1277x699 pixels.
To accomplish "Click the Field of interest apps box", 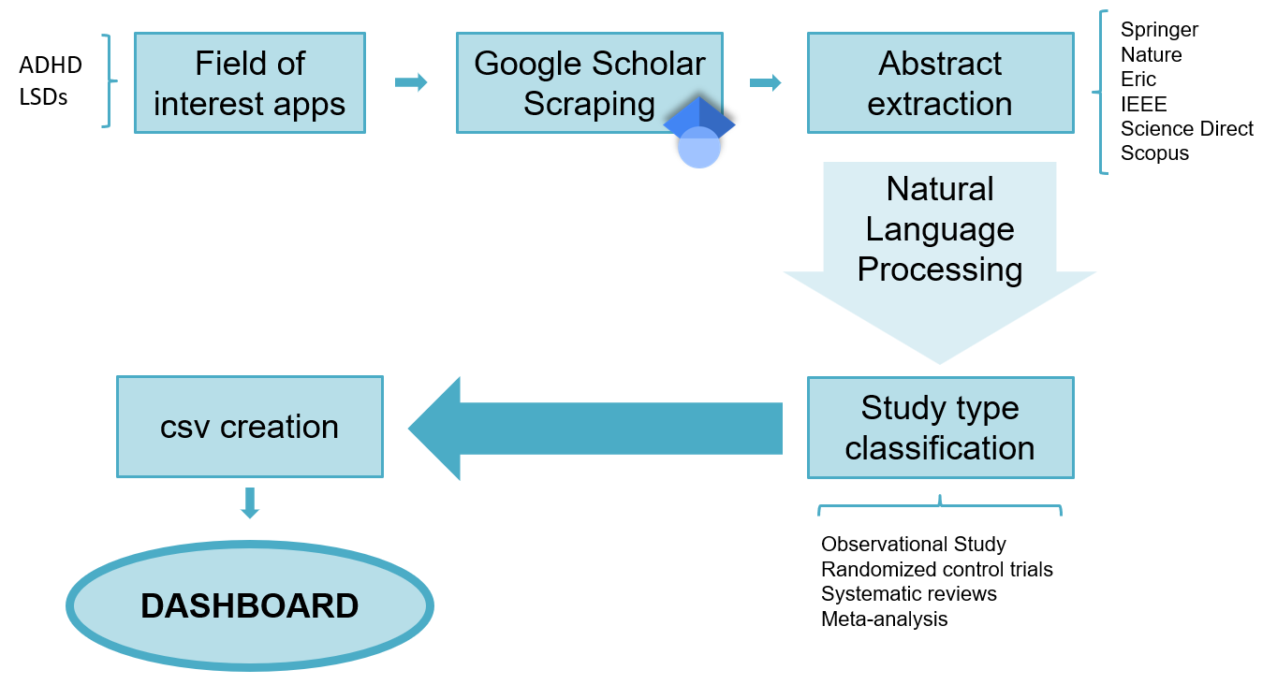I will [249, 83].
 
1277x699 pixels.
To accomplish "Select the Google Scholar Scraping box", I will [589, 83].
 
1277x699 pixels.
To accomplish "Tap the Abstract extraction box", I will [940, 83].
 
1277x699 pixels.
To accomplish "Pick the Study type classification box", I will [940, 428].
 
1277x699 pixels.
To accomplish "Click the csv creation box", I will [249, 427].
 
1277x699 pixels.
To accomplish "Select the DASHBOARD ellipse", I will [249, 605].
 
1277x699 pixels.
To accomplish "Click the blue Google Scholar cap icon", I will [699, 131].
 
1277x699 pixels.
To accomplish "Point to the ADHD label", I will [51, 66].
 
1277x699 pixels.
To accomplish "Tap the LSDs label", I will [43, 96].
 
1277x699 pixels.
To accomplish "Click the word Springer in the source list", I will [1159, 30].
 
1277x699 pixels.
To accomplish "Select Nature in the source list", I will [1151, 54].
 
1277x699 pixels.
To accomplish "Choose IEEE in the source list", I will [1143, 104].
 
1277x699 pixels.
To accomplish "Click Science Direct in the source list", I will [1186, 128].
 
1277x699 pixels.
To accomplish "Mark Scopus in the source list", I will [1154, 153].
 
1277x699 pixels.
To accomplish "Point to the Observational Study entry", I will [913, 545].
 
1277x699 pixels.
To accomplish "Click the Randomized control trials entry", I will [936, 569].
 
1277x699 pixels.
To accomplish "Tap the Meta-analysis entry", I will [884, 619].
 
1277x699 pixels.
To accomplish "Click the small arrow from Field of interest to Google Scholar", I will [410, 82].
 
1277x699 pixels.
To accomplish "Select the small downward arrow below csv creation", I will [249, 502].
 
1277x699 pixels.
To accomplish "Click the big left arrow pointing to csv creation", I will [594, 429].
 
